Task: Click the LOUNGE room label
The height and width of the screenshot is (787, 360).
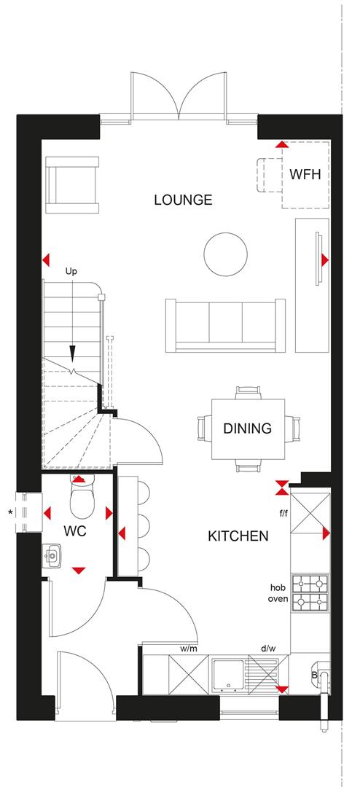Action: pos(183,200)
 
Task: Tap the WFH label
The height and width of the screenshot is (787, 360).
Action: pos(305,175)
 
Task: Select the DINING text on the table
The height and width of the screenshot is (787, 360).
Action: pos(248,428)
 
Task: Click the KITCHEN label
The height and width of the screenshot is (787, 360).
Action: pos(238,536)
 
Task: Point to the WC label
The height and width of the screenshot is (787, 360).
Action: pos(75,531)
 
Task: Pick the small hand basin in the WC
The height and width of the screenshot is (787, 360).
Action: pos(52,558)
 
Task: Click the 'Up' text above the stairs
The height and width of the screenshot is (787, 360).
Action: pos(71,271)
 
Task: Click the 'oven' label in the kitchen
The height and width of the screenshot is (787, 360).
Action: pos(278,600)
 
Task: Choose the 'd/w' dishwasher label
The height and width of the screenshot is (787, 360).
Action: pos(267,647)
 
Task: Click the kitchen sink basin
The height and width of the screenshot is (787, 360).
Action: pos(230,674)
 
